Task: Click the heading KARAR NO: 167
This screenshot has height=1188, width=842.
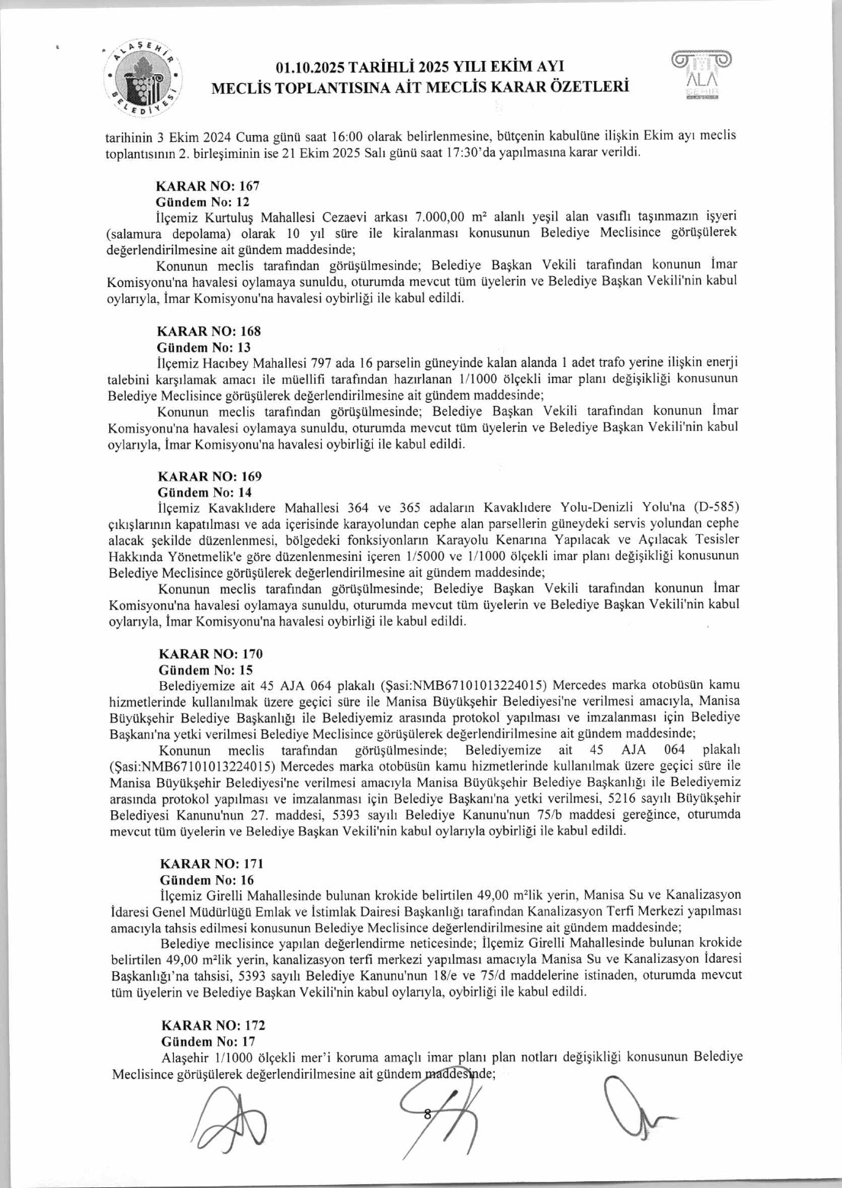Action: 207,185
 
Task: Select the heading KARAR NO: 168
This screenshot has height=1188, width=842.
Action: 208,331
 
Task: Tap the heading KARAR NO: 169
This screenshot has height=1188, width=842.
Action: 209,476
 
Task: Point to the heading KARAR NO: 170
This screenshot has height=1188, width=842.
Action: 210,654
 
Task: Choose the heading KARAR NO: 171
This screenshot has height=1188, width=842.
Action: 211,864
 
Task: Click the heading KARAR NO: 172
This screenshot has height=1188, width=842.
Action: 213,1025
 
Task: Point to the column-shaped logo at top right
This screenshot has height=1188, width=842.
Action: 700,78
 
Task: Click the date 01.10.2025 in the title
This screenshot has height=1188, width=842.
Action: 318,67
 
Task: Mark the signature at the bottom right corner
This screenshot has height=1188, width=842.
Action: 633,1114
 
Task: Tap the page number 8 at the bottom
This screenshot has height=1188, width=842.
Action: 428,1114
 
